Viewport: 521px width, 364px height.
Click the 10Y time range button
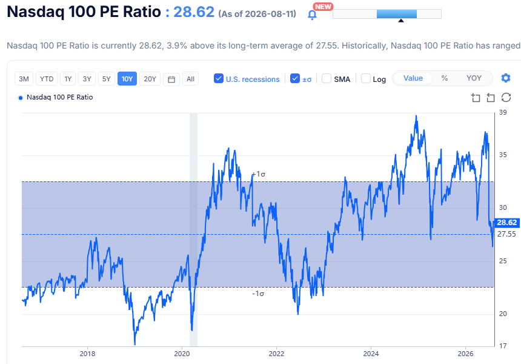point(127,79)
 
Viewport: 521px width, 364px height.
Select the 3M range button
point(24,79)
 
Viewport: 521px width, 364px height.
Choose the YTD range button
point(47,79)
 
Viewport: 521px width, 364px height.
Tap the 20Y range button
point(150,79)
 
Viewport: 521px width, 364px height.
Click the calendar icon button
point(171,79)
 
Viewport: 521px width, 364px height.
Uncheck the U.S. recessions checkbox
point(219,78)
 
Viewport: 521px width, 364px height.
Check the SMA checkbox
point(327,78)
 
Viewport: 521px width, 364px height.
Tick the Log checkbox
point(366,78)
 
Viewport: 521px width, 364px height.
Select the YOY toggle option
point(474,78)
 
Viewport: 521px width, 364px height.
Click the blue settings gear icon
point(506,78)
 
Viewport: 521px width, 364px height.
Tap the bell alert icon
point(312,15)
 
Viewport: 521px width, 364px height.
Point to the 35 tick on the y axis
point(503,155)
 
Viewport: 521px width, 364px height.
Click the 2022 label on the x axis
point(276,354)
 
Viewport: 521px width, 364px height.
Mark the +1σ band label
point(259,174)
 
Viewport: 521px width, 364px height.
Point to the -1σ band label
point(258,294)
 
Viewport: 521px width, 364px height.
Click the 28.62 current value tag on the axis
point(507,223)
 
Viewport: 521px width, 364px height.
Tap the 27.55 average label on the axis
point(506,234)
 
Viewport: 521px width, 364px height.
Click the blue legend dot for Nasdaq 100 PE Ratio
point(21,98)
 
